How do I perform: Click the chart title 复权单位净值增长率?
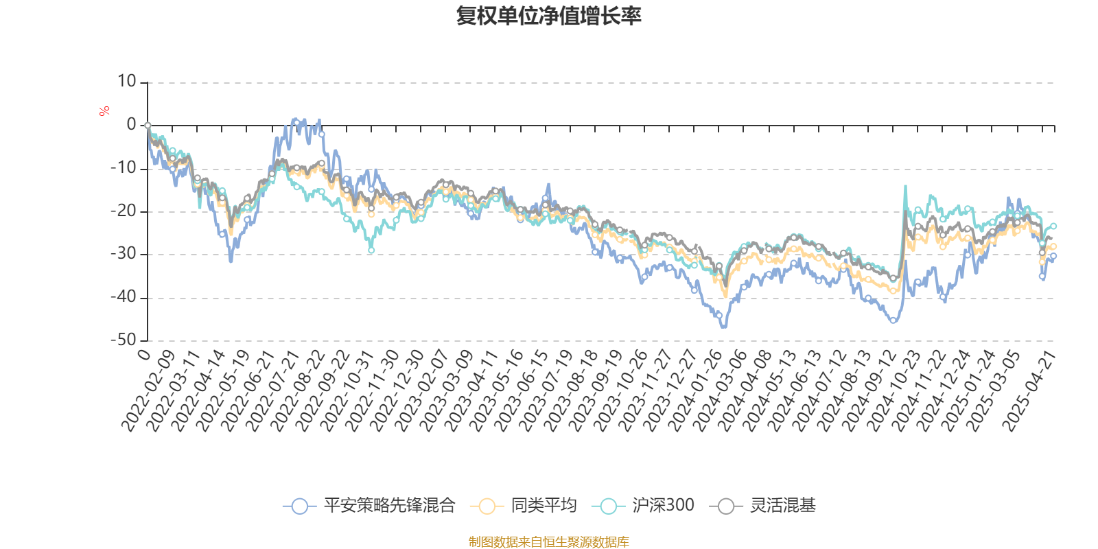click(x=548, y=16)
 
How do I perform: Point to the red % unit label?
click(x=104, y=110)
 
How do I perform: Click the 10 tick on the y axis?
click(x=127, y=82)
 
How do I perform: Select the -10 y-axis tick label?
click(x=124, y=168)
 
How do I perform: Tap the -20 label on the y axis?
click(x=124, y=211)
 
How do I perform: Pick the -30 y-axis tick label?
click(x=124, y=254)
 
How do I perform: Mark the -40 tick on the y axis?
click(x=124, y=297)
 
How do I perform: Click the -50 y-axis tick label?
click(x=124, y=340)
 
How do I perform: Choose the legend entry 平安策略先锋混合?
click(x=369, y=506)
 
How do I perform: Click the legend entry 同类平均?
click(x=524, y=506)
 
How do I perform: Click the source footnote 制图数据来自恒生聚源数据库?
click(x=548, y=542)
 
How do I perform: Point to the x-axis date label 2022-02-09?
click(x=149, y=390)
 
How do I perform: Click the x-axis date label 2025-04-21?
click(x=1029, y=390)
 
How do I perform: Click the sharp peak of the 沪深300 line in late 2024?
click(x=905, y=185)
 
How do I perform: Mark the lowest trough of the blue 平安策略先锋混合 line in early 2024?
click(x=723, y=327)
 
